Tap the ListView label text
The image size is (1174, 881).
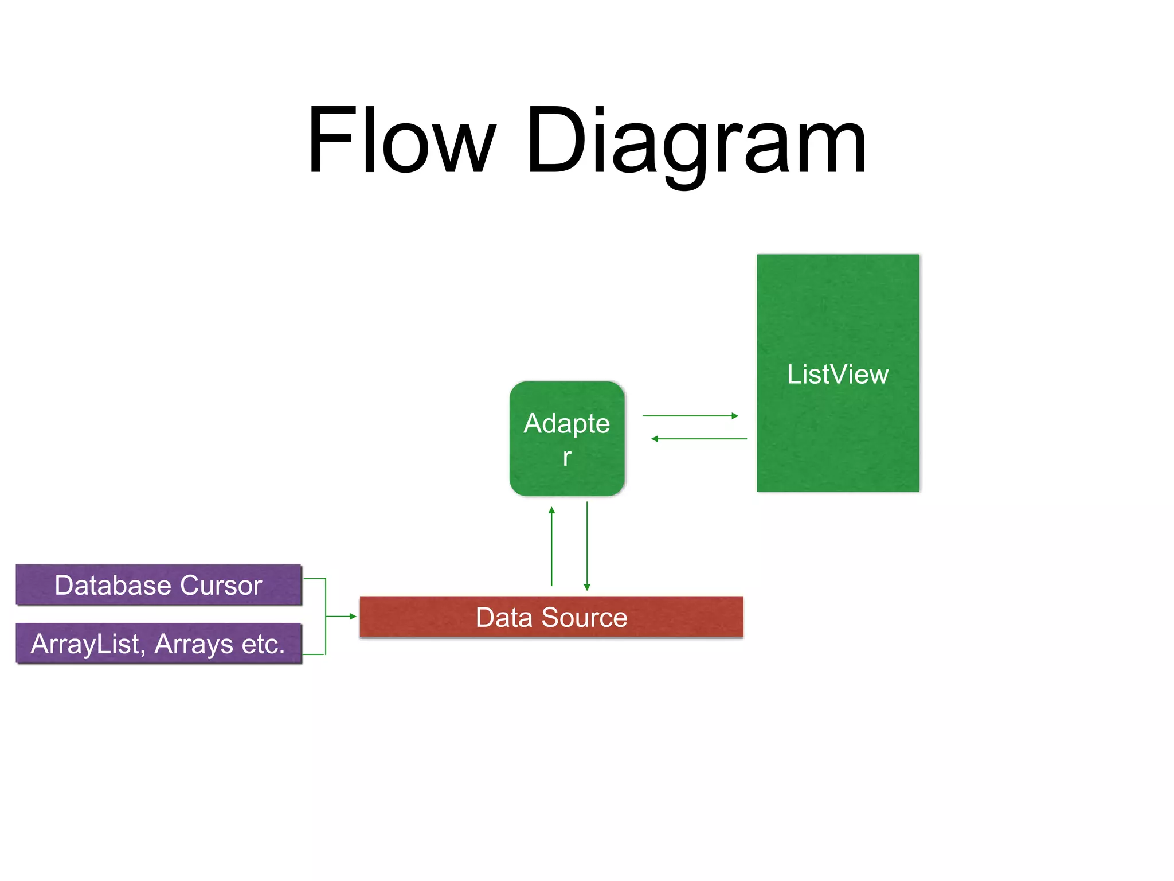838,375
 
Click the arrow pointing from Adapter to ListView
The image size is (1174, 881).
690,416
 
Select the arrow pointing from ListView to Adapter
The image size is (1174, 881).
699,439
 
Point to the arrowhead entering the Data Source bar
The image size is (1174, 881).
352,617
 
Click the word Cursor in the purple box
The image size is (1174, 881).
221,586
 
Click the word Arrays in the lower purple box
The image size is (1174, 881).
194,644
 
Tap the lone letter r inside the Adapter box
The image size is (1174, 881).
567,457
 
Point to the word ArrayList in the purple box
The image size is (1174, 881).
86,644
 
